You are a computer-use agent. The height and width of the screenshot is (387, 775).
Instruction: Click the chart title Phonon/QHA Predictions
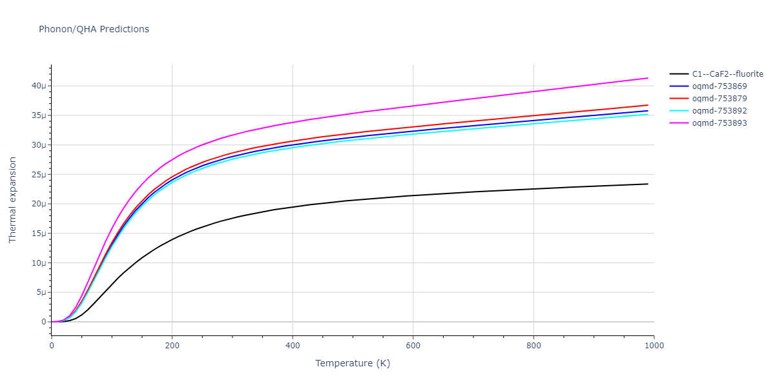[x=94, y=29]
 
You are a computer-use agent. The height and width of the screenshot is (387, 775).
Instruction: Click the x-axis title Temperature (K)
[x=353, y=363]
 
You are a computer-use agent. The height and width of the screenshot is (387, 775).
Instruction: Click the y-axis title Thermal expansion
[x=13, y=199]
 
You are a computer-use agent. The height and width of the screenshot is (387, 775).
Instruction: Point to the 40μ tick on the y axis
[x=39, y=86]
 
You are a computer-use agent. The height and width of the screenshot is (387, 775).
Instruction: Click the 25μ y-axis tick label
[x=39, y=175]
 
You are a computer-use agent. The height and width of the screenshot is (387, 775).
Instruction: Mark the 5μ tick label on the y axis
[x=41, y=293]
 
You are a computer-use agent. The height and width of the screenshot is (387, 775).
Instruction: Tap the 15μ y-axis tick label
[x=39, y=233]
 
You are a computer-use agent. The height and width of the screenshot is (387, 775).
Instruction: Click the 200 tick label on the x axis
[x=172, y=346]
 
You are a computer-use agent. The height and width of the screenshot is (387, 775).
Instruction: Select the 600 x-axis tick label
[x=413, y=346]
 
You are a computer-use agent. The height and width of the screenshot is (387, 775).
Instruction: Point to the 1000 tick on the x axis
[x=654, y=346]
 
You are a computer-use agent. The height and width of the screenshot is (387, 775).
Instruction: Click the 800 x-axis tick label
[x=533, y=346]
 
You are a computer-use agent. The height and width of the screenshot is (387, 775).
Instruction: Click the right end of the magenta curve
[x=648, y=78]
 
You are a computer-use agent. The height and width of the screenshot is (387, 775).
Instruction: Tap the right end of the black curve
[x=648, y=184]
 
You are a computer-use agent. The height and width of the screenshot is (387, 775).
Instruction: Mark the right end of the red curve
[x=648, y=105]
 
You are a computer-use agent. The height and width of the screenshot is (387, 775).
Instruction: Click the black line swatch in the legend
[x=678, y=74]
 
